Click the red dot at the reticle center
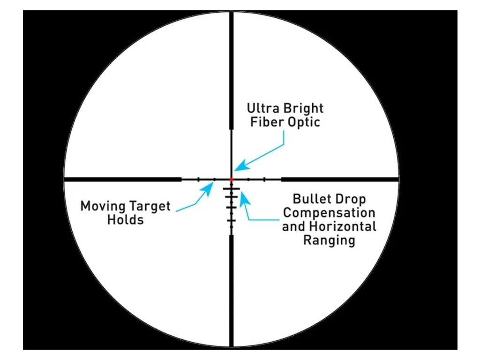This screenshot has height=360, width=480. pyautogui.click(x=232, y=179)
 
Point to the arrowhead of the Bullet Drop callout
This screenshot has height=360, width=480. pyautogui.click(x=244, y=198)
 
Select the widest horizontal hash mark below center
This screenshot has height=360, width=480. pyautogui.click(x=232, y=189)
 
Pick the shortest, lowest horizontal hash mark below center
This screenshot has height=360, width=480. pyautogui.click(x=232, y=220)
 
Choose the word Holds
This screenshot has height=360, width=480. pyautogui.click(x=126, y=219)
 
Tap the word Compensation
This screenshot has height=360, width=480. pyautogui.click(x=329, y=213)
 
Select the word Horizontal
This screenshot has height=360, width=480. pyautogui.click(x=343, y=226)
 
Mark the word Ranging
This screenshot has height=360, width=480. pyautogui.click(x=329, y=240)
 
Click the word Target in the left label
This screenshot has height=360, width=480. pyautogui.click(x=150, y=206)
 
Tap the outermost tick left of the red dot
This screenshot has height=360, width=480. pyautogui.click(x=198, y=179)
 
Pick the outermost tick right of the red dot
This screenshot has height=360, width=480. pyautogui.click(x=264, y=179)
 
